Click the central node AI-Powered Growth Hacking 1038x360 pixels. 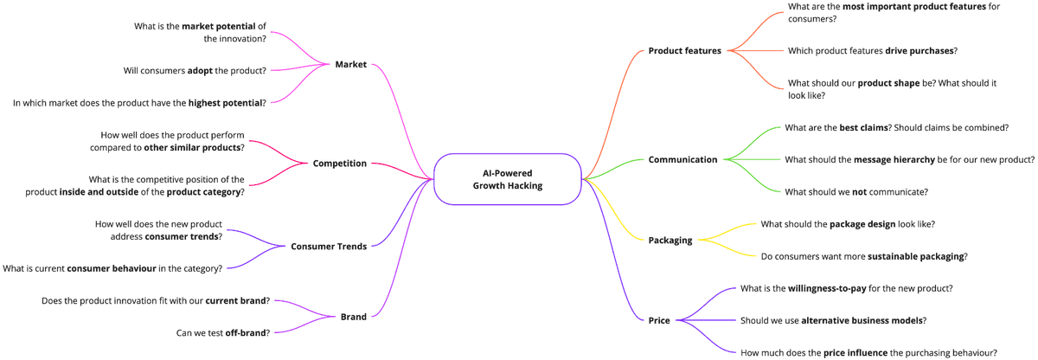tap(509, 179)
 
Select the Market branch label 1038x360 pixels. tap(350, 64)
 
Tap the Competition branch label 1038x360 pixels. tap(340, 163)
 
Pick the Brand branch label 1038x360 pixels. tap(352, 317)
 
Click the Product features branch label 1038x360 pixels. tap(684, 50)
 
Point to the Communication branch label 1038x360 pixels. tap(683, 159)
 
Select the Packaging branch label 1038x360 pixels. tap(670, 241)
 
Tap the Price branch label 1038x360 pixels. tap(659, 321)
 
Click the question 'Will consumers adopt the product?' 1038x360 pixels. tap(195, 69)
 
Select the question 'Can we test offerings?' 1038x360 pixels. tap(222, 331)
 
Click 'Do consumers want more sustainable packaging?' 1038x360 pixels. tap(863, 256)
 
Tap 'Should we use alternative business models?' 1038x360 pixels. tap(833, 320)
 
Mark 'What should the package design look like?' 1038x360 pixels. tap(848, 224)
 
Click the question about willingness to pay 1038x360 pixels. tap(846, 287)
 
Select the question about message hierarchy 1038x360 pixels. tap(908, 159)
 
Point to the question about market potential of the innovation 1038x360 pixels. tap(201, 32)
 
